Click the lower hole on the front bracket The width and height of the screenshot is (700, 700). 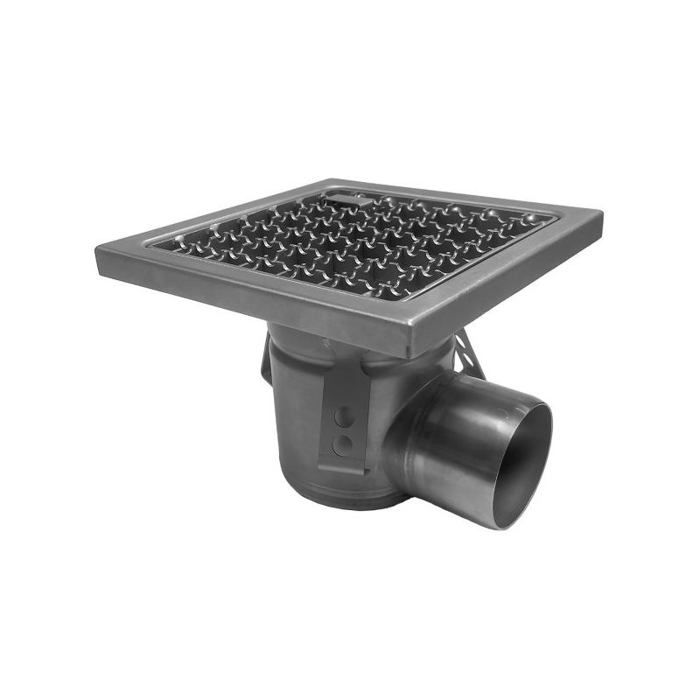point(344,444)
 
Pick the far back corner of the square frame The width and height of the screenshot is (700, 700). point(326,181)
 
